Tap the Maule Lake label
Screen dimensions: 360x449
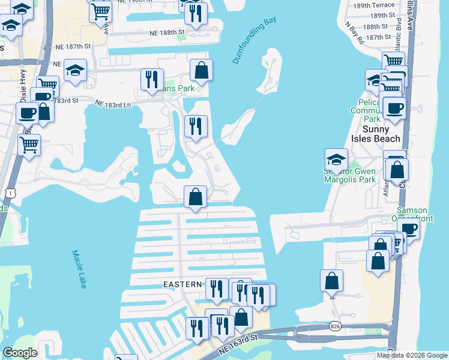79,269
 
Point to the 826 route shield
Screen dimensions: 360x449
336,326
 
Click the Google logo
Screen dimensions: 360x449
20,353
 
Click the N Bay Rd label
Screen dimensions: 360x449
354,34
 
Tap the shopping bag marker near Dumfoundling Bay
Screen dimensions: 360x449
201,70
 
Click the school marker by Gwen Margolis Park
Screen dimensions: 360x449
336,160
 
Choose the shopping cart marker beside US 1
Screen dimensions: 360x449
29,144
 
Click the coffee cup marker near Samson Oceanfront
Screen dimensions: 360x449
409,229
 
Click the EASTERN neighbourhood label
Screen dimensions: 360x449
180,284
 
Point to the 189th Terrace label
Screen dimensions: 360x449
373,5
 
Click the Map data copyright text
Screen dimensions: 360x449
412,355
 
